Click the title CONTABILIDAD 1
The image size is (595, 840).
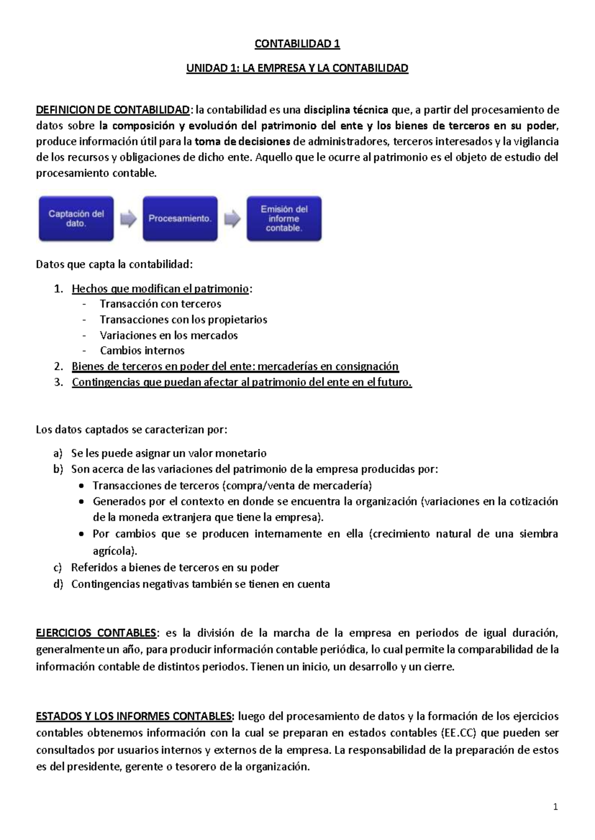[297, 44]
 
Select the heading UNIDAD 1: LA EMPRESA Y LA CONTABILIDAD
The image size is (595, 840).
[297, 68]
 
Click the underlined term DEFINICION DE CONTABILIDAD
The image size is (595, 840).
[113, 109]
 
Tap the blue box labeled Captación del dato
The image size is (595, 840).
[76, 219]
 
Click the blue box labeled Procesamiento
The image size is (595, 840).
[180, 219]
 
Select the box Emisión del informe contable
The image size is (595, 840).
[284, 219]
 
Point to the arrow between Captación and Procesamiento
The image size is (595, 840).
[128, 219]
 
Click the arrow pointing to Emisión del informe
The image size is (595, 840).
[232, 219]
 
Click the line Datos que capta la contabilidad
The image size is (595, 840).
[114, 264]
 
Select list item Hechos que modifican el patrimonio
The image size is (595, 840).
[160, 289]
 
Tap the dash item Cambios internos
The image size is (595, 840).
[142, 351]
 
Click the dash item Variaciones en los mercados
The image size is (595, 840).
[169, 335]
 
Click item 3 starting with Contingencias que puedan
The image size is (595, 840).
[241, 382]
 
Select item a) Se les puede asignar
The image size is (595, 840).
[169, 453]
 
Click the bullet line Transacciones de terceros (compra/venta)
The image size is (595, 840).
[232, 485]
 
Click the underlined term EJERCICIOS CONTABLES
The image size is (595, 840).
[96, 633]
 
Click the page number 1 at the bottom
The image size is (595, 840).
[555, 807]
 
